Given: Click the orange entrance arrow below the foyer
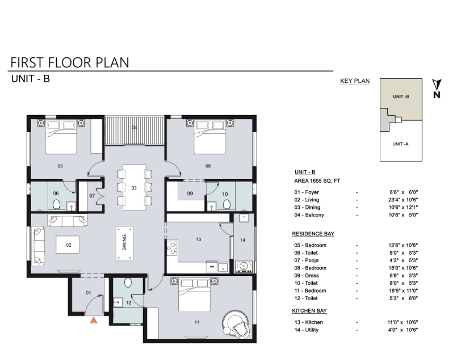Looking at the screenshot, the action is pos(94,320).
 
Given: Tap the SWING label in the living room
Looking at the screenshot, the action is pos(124,243).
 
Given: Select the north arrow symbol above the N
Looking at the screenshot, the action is pos(436,85).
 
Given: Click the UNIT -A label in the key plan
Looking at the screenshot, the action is pos(400,144).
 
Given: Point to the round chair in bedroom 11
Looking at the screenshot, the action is pos(236,322).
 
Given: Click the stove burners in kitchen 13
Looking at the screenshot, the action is pos(172,248).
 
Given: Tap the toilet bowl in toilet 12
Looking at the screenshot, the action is pos(128,283).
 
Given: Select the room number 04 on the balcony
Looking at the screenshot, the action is pos(134,127).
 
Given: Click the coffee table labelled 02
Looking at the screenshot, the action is pos(68,245).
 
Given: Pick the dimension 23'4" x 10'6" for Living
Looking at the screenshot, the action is pos(403,200).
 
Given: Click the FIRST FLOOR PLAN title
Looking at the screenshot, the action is pos(70,62).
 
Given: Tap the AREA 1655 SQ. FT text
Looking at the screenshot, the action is pos(317,181).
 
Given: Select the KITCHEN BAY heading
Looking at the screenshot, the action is pos(310,310).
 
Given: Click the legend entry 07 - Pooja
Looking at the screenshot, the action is pos(306,261).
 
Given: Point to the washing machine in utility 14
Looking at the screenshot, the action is pos(244,267).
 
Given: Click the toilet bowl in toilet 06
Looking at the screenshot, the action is pos(56,204).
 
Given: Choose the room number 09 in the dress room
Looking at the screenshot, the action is pos(190,193).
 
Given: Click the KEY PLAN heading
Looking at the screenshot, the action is pos(355,81).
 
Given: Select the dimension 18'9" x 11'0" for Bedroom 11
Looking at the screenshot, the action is pos(403,291).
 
